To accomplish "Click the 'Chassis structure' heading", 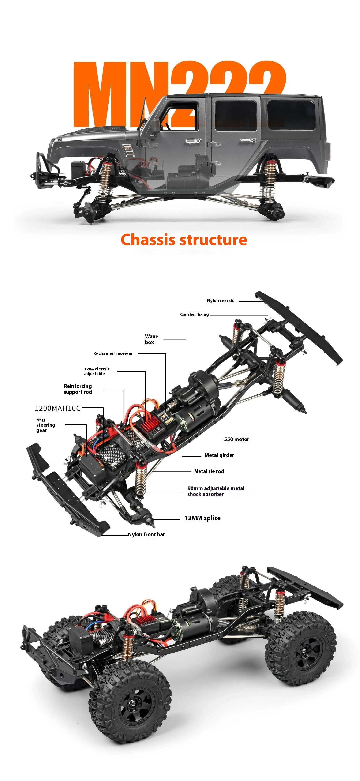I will (184, 240).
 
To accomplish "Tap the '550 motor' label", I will (236, 439).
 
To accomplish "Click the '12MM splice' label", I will (202, 518).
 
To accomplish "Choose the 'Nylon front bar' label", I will (146, 534).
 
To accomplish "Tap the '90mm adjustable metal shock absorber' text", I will (215, 491).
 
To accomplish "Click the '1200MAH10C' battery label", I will (58, 408).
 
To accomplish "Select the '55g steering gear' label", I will (45, 425).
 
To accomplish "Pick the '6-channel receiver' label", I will (113, 353).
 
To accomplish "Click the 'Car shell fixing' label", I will (194, 314).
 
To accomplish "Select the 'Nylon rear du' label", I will (221, 300).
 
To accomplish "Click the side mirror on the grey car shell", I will (155, 126).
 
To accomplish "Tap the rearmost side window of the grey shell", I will (291, 115).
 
